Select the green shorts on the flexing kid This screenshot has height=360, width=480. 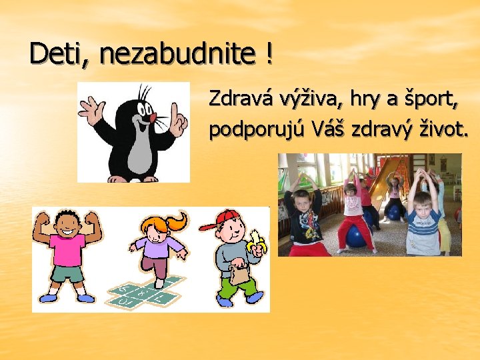(67, 273)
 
